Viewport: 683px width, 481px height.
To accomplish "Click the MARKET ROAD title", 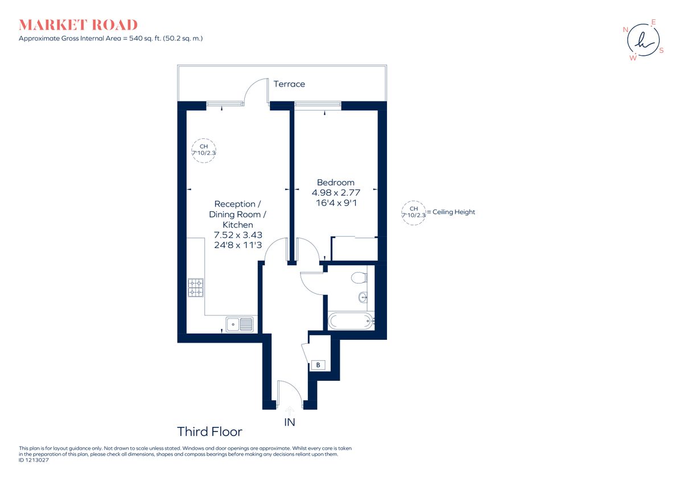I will pos(78,25).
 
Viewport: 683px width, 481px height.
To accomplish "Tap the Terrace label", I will pos(289,84).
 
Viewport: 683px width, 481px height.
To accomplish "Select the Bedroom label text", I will pos(335,182).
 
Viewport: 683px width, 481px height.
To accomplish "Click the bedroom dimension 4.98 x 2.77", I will pos(335,192).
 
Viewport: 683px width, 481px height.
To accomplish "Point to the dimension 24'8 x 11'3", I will pos(237,246).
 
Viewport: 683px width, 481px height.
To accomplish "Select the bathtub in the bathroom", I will pos(351,321).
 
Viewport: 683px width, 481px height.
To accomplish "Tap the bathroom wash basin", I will pos(363,297).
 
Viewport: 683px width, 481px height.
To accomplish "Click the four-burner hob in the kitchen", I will pos(196,287).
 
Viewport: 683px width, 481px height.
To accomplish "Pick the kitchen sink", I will pos(240,324).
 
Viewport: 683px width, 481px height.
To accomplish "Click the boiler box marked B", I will pos(318,365).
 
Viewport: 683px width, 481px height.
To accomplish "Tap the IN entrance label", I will pos(290,422).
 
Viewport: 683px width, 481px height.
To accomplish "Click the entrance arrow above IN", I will pos(290,408).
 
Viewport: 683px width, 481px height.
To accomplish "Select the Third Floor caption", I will pos(209,431).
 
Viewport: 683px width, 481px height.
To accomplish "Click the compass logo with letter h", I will pos(643,40).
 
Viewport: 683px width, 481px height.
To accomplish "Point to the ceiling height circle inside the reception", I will pos(203,150).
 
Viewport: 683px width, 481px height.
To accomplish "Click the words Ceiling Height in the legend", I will pos(453,212).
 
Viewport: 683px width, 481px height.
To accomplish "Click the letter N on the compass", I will pos(626,29).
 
